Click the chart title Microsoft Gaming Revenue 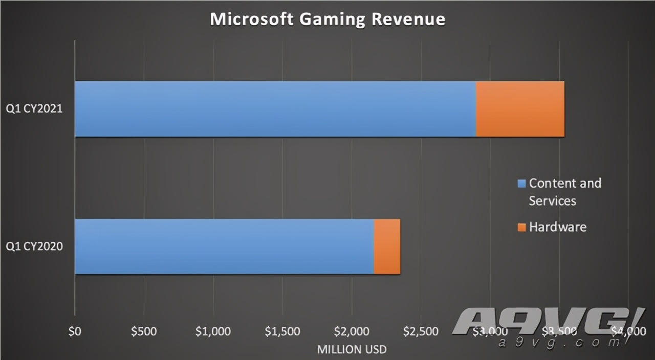click(x=327, y=19)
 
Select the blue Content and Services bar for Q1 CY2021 click(x=275, y=109)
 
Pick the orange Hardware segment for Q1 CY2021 click(x=520, y=109)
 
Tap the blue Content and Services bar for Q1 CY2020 click(x=224, y=246)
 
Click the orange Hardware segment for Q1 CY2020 click(x=387, y=246)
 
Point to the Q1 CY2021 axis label click(x=34, y=109)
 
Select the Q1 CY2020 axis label click(x=34, y=247)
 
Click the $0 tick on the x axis click(x=75, y=331)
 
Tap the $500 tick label click(x=144, y=331)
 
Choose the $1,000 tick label click(x=213, y=331)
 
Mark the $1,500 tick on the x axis click(x=282, y=331)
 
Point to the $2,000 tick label click(x=352, y=331)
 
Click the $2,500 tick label click(x=421, y=331)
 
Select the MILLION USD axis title click(x=352, y=350)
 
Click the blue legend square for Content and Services click(x=521, y=184)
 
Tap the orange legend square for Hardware click(x=521, y=227)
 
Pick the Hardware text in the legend click(x=558, y=227)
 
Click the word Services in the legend click(x=553, y=200)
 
